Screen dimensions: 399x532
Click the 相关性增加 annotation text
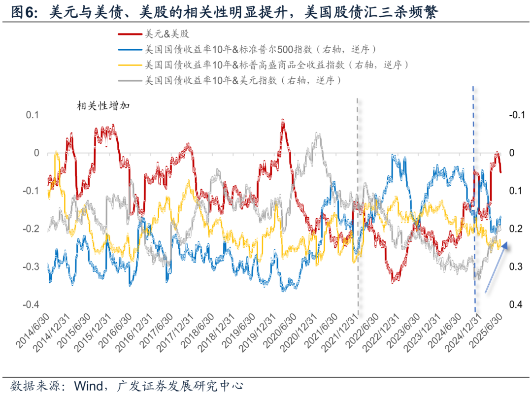103,105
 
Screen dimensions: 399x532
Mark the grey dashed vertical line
358,207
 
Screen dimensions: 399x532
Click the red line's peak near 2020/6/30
282,120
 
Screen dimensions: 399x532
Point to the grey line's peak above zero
318,134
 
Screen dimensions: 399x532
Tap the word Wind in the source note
90,385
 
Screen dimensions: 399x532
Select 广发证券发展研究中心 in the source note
179,385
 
